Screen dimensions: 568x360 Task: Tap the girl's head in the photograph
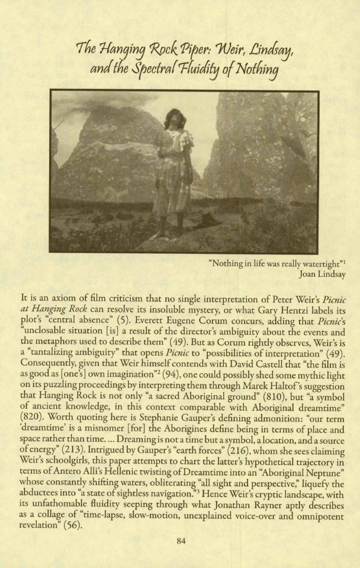[x=175, y=117]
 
